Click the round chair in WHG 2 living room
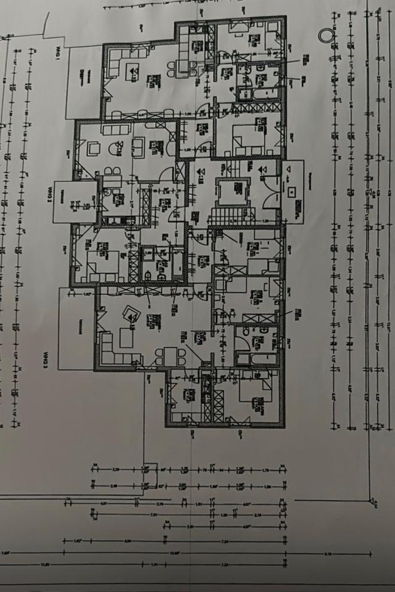coord(115,147)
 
